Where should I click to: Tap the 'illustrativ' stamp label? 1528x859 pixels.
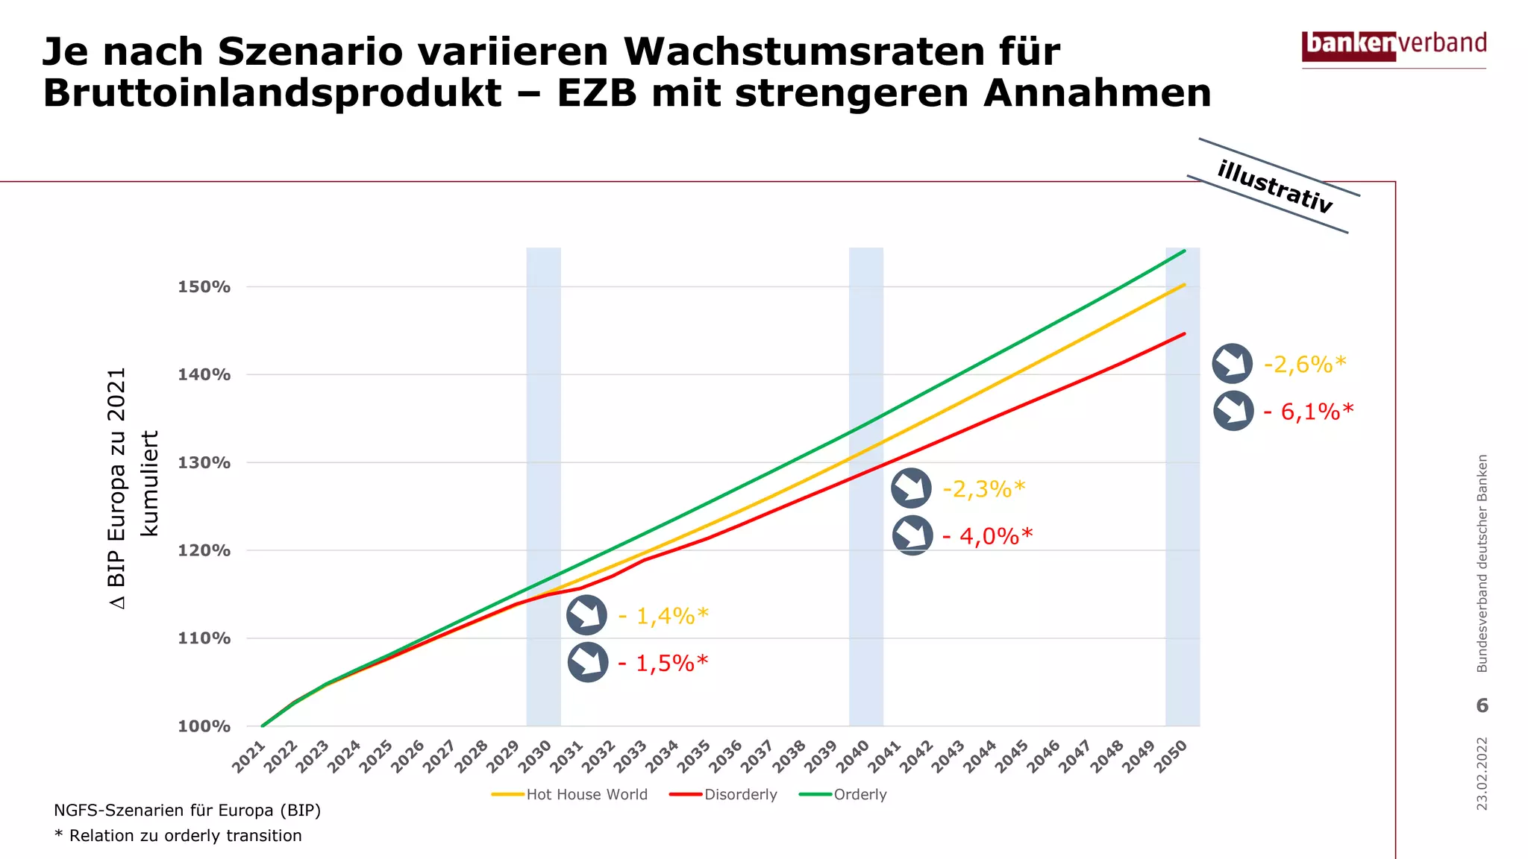[1274, 186]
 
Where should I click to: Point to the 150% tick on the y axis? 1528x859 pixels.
[204, 287]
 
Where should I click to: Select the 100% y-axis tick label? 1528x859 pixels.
[204, 726]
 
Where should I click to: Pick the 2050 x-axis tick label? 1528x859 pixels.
[1171, 756]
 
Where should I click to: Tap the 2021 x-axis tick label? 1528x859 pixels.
[249, 756]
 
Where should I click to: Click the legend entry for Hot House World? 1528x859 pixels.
[570, 795]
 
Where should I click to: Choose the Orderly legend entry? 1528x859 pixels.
[843, 795]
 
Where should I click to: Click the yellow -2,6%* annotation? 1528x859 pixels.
[1305, 365]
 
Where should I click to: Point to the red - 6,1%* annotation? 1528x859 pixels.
[1309, 412]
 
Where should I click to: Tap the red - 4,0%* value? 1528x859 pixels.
[987, 536]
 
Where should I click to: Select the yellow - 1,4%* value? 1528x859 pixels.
[663, 616]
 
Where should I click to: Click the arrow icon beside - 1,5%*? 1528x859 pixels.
[588, 662]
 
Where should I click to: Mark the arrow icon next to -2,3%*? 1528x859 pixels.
[911, 488]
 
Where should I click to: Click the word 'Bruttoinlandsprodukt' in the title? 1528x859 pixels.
[272, 93]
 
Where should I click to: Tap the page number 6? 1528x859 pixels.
[1482, 705]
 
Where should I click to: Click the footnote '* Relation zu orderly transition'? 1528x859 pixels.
[178, 836]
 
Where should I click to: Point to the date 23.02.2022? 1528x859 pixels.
[1482, 774]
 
